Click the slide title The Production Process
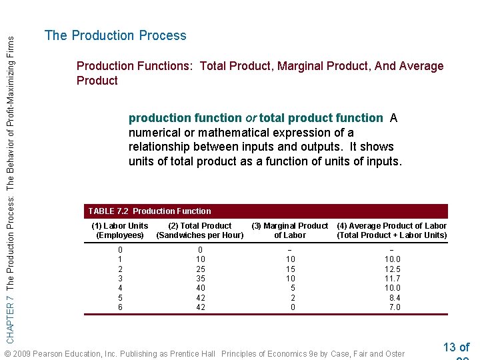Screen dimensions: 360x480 [115, 36]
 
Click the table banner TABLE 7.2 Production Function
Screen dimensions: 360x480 [149, 211]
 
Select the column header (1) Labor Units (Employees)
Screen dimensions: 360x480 [120, 231]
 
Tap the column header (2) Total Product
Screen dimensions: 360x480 [200, 231]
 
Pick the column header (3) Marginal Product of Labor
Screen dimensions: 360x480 [290, 231]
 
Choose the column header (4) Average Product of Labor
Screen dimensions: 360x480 [392, 231]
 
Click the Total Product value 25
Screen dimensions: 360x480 [201, 269]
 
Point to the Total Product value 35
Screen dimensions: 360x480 [201, 279]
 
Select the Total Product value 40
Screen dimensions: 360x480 [201, 288]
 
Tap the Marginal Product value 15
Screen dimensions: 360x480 [291, 269]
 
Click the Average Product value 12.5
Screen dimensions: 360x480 [393, 269]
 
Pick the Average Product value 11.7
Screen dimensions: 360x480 [393, 279]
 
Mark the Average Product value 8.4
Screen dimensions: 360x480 [395, 298]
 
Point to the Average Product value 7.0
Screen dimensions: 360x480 [395, 307]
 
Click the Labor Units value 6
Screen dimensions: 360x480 [120, 307]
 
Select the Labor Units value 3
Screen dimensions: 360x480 [120, 279]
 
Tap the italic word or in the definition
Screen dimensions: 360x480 [251, 118]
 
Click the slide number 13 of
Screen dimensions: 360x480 [456, 347]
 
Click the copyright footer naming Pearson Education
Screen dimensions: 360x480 [204, 353]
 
